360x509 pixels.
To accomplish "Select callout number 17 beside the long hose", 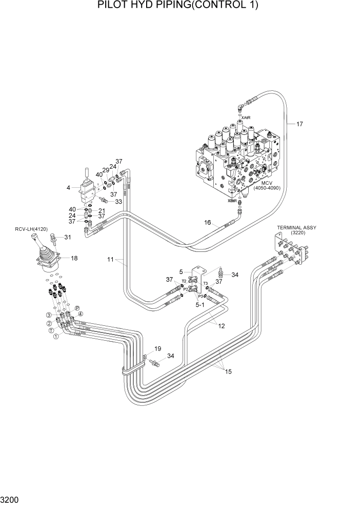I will point(299,124).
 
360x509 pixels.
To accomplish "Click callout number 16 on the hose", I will point(208,222).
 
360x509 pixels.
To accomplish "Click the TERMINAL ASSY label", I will point(296,227).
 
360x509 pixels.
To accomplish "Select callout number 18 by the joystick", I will point(74,258).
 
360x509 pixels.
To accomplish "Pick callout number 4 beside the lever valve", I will point(68,188).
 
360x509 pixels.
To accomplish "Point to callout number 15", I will point(228,371).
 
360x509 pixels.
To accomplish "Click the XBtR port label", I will point(232,201).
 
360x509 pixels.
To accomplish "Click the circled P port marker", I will point(77,307).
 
